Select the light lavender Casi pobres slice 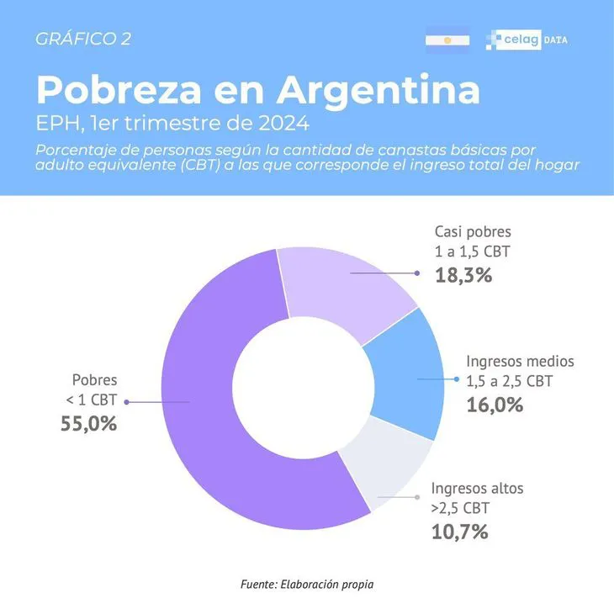point(336,294)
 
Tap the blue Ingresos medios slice point(404,378)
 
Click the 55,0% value point(88,424)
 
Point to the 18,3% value point(463,274)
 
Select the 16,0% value point(495,405)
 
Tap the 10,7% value point(459,532)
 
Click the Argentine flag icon point(447,40)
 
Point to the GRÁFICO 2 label point(83,39)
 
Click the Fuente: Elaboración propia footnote point(306,583)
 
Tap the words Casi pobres point(473,231)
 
